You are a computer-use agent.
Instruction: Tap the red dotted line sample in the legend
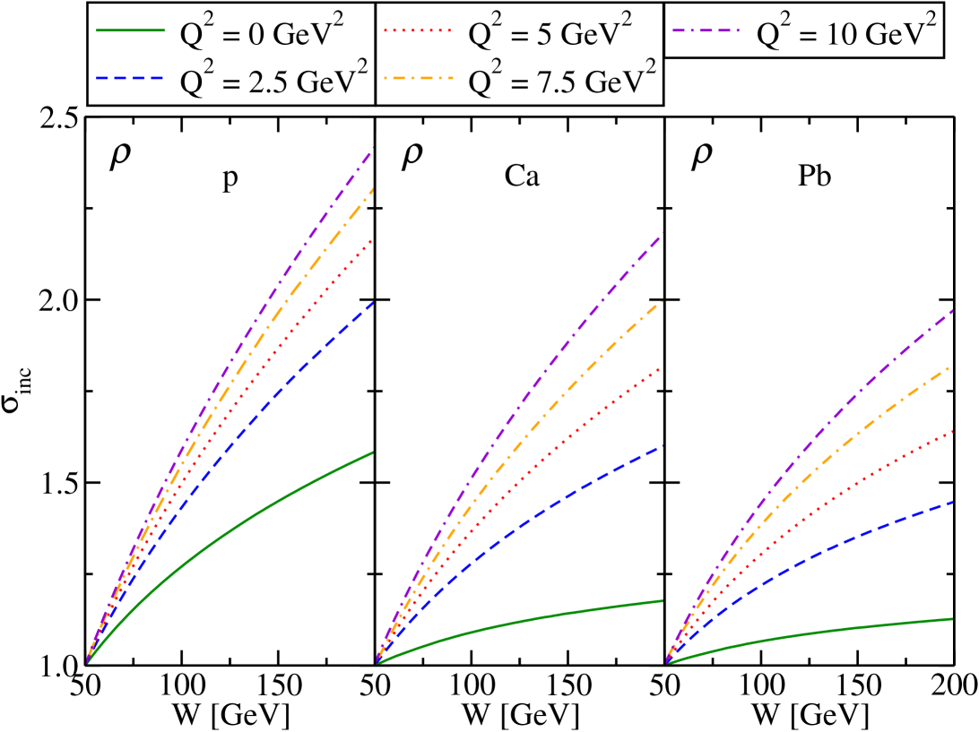tap(418, 32)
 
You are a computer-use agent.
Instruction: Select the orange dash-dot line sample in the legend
tap(418, 79)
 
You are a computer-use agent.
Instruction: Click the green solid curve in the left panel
tap(269, 508)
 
